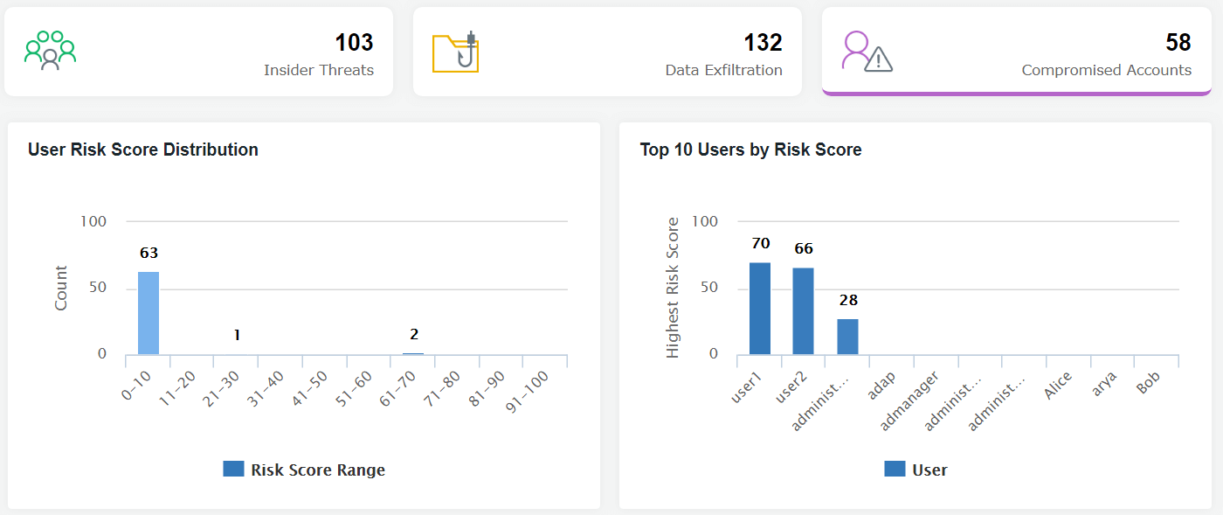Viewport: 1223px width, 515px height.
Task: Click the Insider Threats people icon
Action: point(50,51)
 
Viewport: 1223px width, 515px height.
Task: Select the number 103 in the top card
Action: point(354,42)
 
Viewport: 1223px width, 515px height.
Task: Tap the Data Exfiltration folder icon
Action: point(456,52)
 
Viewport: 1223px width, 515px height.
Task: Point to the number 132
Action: point(763,42)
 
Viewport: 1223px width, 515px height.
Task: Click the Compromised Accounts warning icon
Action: point(866,52)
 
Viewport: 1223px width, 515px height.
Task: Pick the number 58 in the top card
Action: point(1178,42)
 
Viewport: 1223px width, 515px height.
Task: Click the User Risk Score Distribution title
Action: point(143,150)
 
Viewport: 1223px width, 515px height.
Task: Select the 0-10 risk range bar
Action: point(149,313)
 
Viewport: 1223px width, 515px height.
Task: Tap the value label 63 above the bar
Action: point(149,253)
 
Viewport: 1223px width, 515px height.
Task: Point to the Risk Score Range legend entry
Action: point(305,470)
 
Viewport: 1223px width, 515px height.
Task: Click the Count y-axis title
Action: point(61,289)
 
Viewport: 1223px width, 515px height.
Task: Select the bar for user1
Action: point(760,309)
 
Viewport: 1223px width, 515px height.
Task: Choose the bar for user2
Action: point(804,311)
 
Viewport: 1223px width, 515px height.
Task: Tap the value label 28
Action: point(848,300)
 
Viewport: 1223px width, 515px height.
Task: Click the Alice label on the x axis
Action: point(1058,385)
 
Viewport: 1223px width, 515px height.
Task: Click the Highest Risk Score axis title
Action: point(673,288)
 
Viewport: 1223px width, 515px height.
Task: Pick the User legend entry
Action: point(916,470)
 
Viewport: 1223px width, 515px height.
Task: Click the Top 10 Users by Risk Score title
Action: point(750,150)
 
